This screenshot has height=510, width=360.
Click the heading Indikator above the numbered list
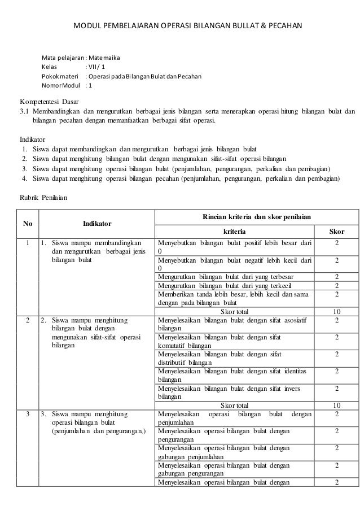[33, 138]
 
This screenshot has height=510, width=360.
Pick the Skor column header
[336, 232]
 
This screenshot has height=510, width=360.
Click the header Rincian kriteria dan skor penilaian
[256, 217]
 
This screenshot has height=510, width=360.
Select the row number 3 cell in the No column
[27, 413]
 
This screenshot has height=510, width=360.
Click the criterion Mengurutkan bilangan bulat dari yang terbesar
[234, 276]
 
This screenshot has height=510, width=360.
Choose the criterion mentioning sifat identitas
[234, 374]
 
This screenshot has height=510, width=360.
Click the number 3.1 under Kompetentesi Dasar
[25, 110]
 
